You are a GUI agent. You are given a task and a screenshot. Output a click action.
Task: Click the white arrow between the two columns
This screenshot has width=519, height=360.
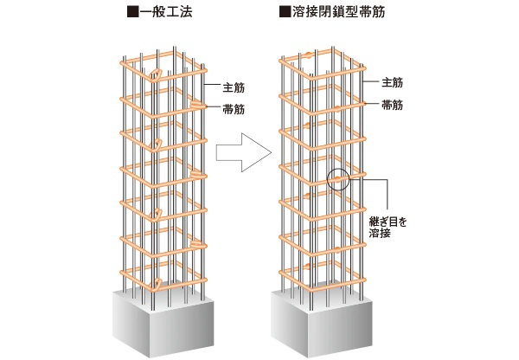(237, 154)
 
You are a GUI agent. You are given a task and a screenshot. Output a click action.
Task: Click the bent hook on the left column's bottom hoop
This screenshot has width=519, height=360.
(157, 284)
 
